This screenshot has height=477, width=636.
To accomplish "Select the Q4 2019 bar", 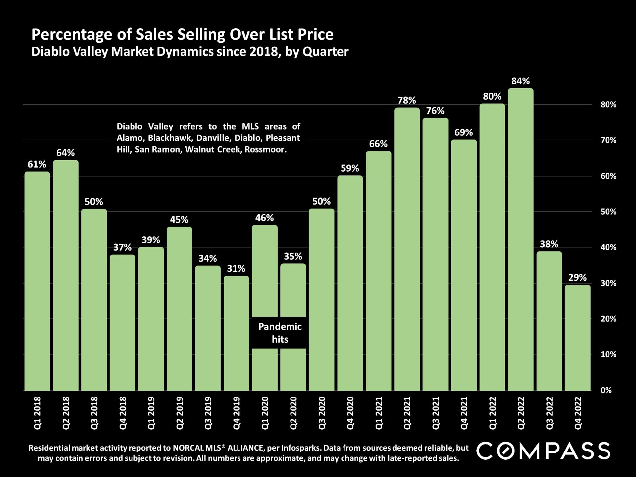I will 236,333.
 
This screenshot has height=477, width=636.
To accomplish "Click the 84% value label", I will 520,81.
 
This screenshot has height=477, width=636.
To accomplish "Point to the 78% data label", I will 407,100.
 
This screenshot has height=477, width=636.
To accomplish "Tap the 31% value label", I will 236,269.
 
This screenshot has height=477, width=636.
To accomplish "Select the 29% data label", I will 577,278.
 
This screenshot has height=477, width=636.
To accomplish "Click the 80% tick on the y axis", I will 608,105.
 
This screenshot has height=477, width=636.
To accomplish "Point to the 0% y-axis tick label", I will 606,390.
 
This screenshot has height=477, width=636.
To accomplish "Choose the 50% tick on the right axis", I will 608,212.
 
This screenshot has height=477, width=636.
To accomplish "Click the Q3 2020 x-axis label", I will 322,413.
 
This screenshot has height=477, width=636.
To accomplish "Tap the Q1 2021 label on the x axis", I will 379,413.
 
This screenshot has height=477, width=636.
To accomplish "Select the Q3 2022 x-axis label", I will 549,413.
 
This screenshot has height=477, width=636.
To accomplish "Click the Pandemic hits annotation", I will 280,333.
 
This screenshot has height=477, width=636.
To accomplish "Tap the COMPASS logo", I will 543,451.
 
